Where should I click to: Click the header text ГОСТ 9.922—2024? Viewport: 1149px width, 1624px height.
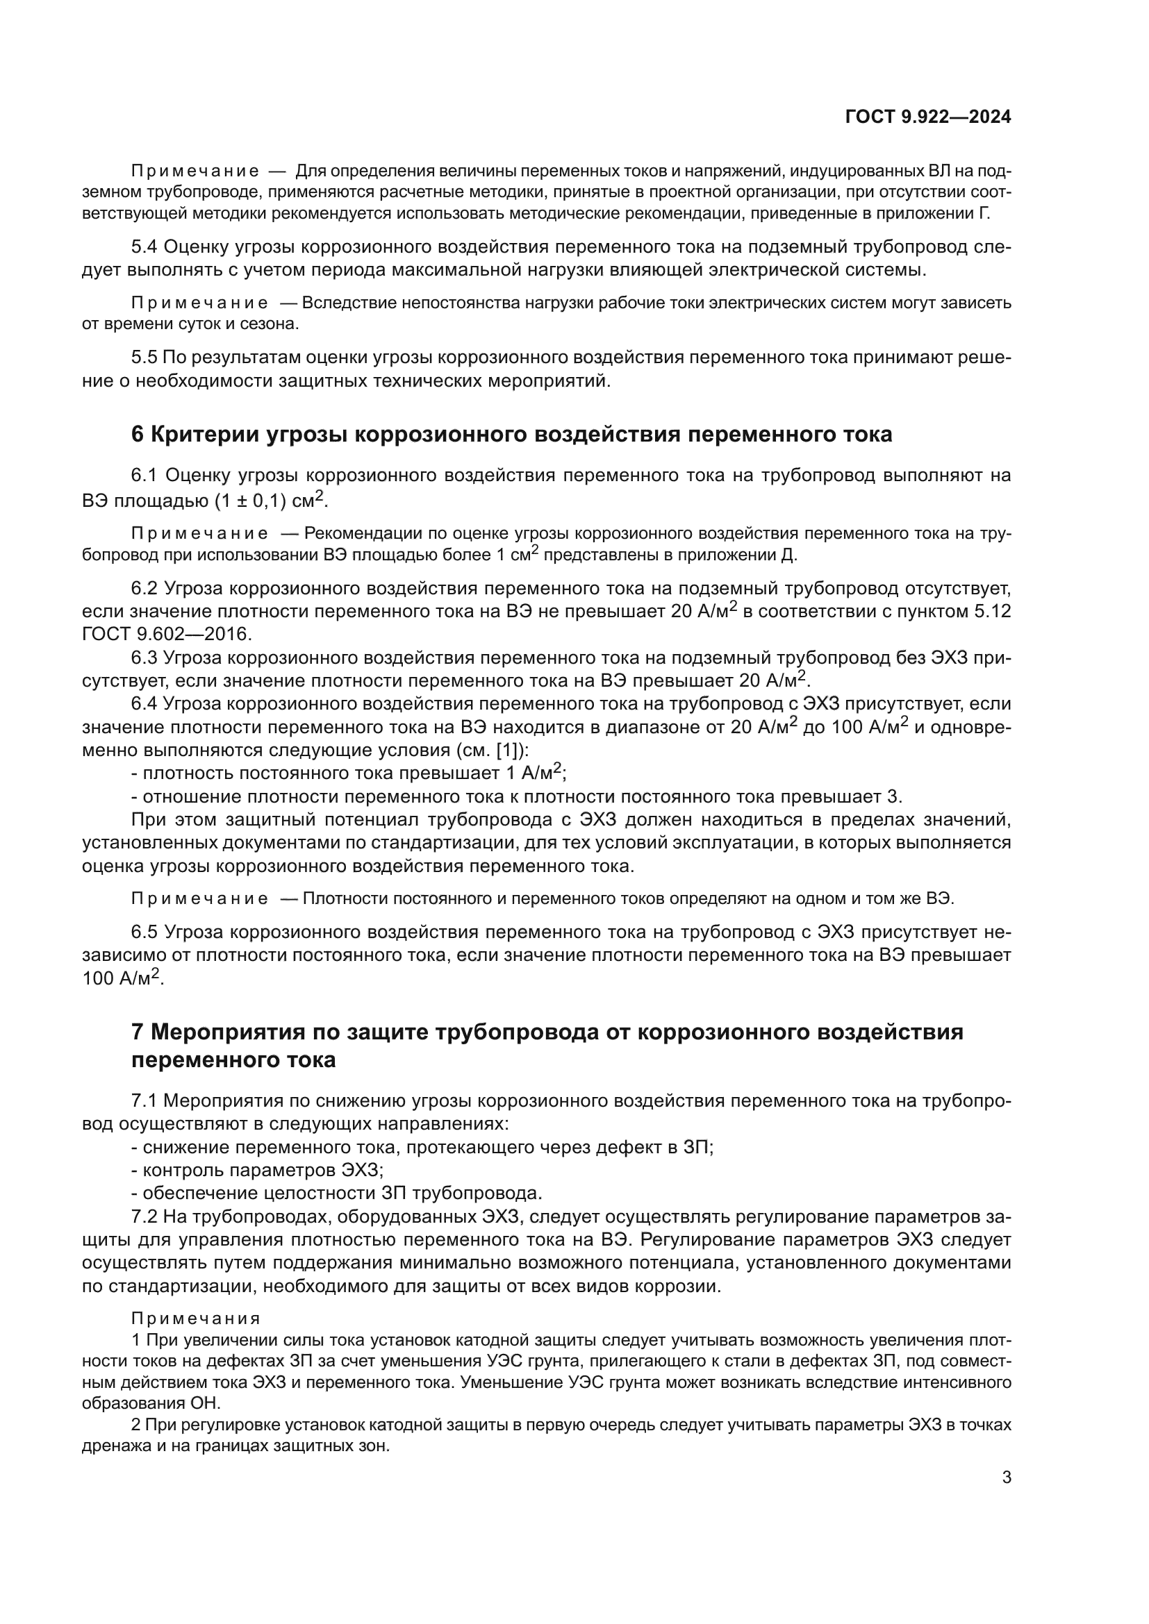coord(928,117)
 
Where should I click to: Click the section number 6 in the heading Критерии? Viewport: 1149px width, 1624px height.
coord(138,434)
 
